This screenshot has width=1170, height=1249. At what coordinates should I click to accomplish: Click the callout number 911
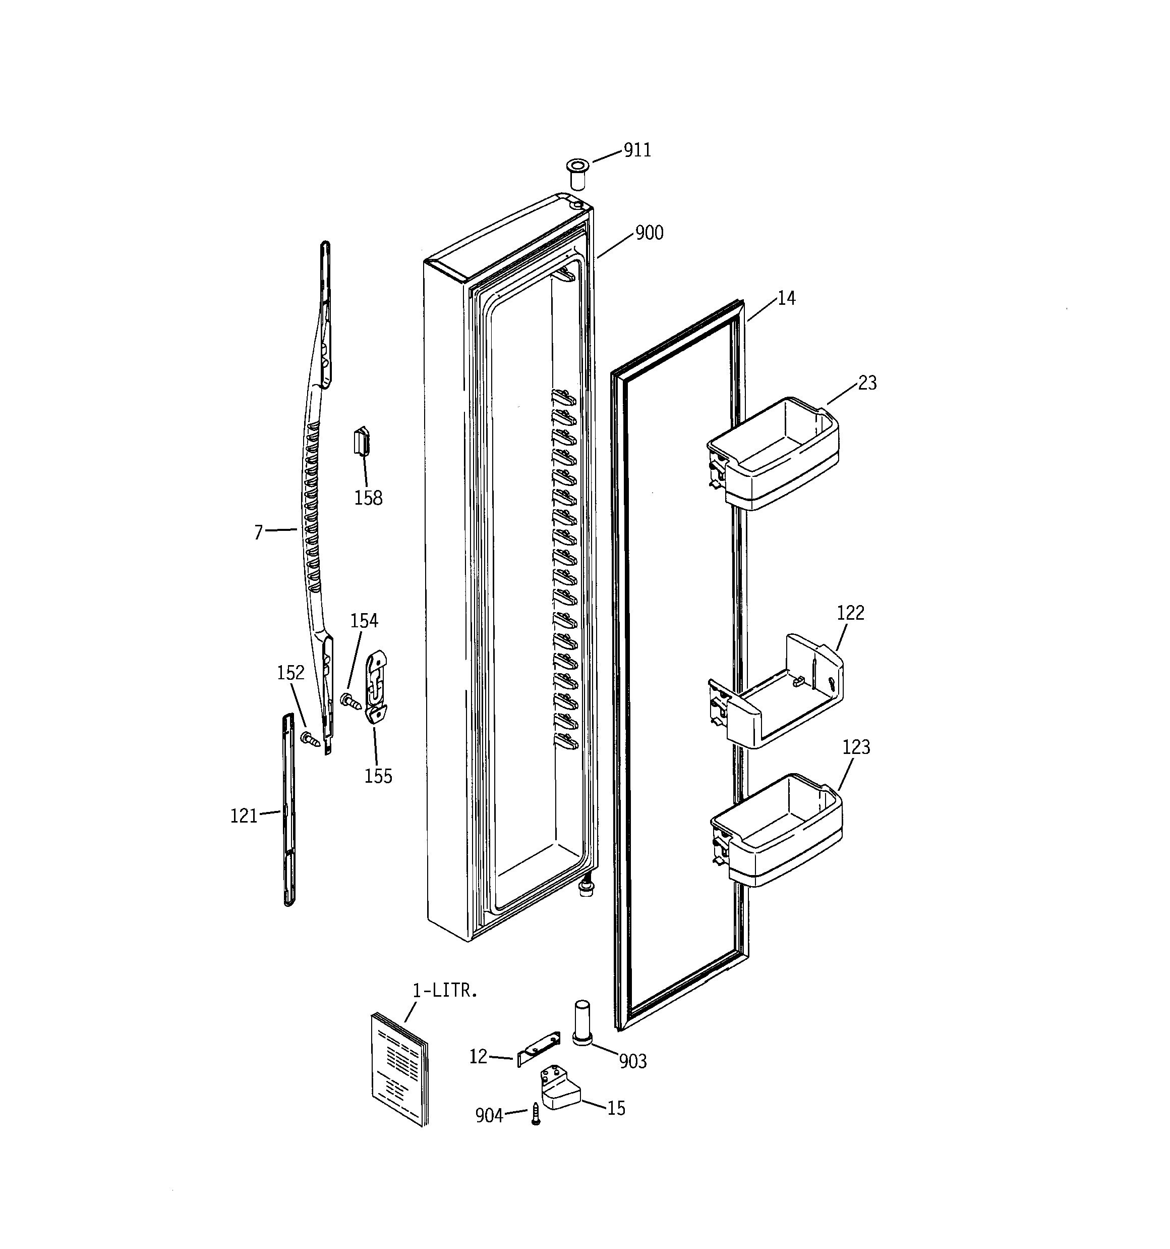point(637,150)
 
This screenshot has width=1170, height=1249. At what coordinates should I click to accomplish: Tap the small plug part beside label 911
point(576,174)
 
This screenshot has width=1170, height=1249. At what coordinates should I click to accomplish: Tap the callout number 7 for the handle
point(258,533)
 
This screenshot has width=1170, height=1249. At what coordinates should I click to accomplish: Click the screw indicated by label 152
point(310,739)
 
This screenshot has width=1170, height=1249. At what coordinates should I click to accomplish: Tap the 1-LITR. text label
point(445,991)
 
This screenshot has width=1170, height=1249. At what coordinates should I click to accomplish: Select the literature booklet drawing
point(399,1069)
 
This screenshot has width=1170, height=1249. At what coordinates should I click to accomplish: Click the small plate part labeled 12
point(538,1051)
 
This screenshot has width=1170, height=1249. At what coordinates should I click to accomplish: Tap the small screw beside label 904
point(536,1113)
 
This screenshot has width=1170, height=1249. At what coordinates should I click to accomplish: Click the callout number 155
point(378,777)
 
